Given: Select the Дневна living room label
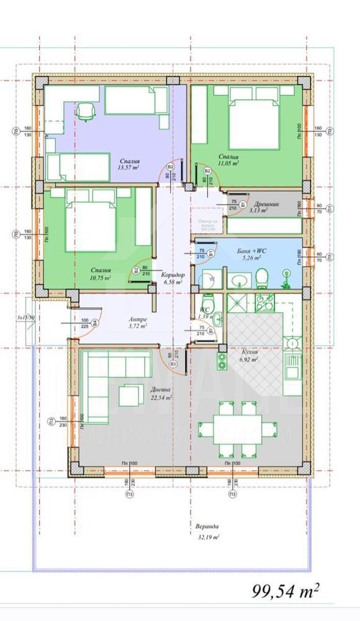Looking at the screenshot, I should [x=161, y=391].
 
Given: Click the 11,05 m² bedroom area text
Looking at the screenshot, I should [x=229, y=163].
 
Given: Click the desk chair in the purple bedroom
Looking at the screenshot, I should [x=85, y=112].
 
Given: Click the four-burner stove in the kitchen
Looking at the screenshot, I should [x=265, y=304].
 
